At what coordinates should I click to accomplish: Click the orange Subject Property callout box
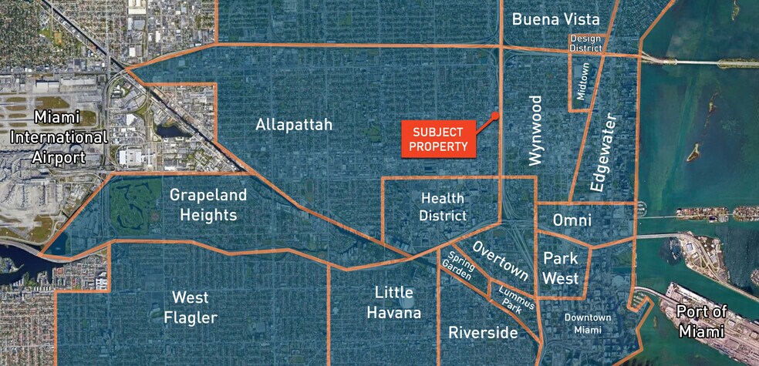[x=439, y=138]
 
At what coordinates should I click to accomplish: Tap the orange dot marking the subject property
[x=497, y=116]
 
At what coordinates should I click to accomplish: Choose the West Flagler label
[x=194, y=307]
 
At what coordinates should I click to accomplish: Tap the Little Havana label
[x=397, y=302]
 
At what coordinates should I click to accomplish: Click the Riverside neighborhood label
[x=483, y=333]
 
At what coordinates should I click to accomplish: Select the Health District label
[x=443, y=207]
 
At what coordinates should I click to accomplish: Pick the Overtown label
[x=501, y=260]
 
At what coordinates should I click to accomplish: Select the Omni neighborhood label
[x=572, y=220]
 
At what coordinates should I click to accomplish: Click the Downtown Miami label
[x=587, y=324]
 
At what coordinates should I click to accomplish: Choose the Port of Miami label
[x=701, y=321]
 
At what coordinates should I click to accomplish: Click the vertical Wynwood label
[x=535, y=130]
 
